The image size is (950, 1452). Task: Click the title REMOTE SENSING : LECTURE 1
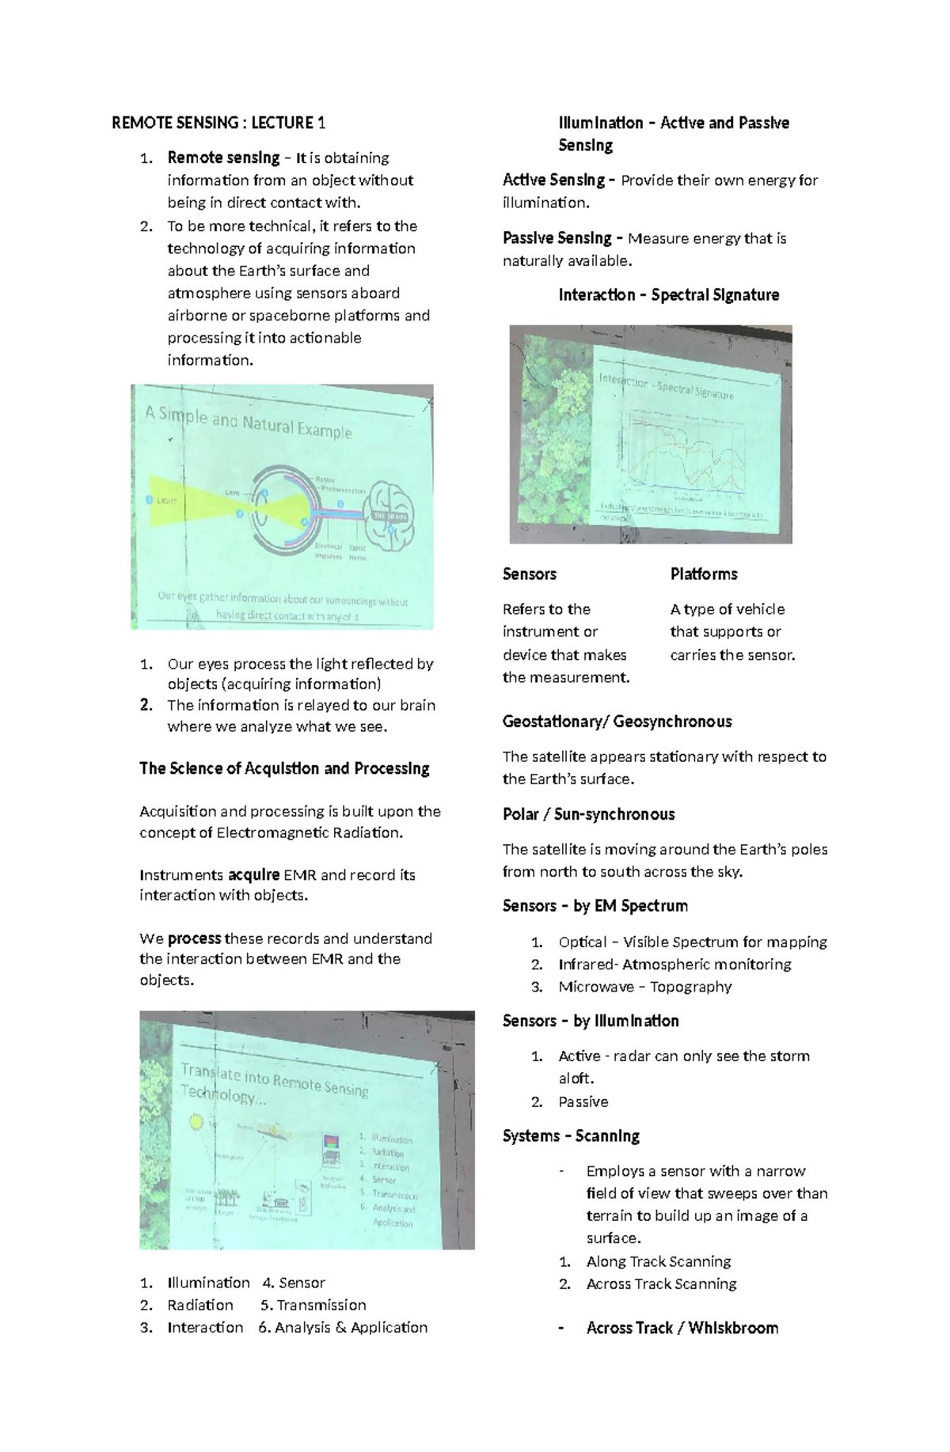click(218, 123)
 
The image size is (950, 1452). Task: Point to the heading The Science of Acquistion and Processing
click(284, 768)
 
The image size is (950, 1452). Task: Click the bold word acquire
click(253, 875)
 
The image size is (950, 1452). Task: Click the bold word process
click(194, 938)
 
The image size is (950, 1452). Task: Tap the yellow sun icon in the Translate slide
click(196, 1121)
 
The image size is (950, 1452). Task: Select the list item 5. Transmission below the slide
click(313, 1305)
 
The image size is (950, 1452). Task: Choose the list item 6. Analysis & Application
click(342, 1327)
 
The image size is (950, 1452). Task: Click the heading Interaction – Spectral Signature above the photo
click(668, 295)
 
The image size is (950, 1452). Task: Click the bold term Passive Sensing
click(557, 238)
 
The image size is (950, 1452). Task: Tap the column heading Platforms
click(703, 574)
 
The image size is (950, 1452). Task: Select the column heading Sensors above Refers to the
click(529, 574)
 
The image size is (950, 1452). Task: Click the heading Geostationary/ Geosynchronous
click(617, 722)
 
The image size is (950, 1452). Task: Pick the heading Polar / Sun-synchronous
click(588, 814)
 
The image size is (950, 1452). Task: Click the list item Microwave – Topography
click(644, 987)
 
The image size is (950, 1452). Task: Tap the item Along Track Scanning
click(658, 1261)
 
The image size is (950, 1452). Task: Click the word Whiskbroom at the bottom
click(733, 1329)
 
